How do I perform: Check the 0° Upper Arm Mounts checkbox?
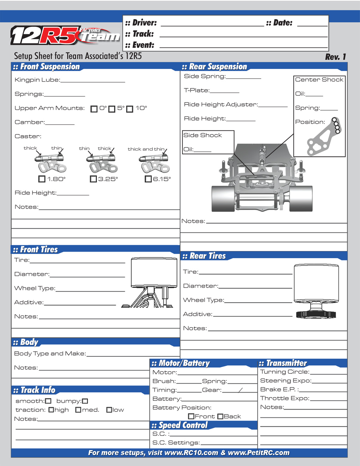coord(94,109)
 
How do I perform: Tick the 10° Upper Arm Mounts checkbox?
coord(130,109)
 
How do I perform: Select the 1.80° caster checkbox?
coord(42,179)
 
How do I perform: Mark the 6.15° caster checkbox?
coord(148,179)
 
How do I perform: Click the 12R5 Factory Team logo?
coord(65,35)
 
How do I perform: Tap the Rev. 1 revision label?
coord(335,57)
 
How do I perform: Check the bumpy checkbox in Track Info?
coord(85,401)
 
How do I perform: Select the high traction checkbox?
coord(51,410)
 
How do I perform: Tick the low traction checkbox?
coord(109,410)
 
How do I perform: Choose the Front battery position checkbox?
coord(191,416)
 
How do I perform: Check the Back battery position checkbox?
coord(221,416)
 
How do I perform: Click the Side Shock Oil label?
coord(188,149)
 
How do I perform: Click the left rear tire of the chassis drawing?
coord(223,198)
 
